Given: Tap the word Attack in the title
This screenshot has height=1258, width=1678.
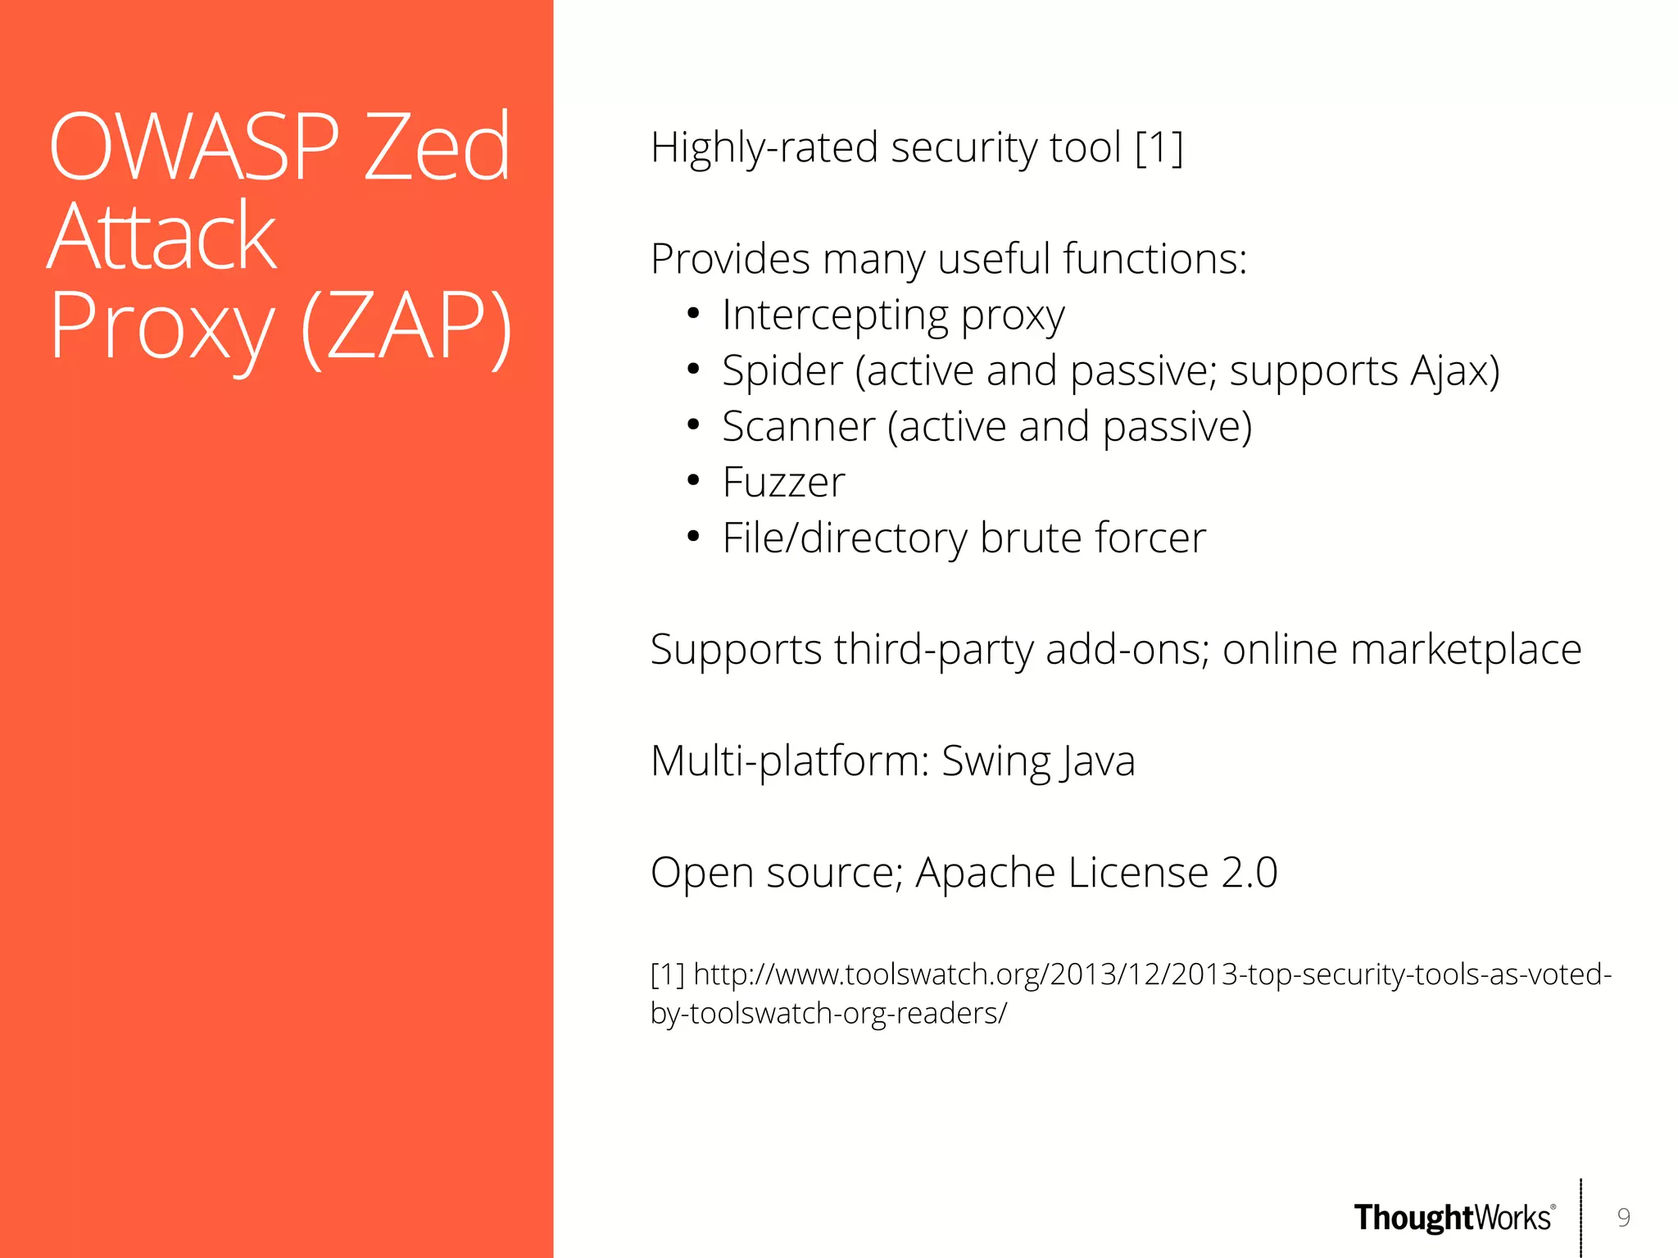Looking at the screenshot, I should pos(162,238).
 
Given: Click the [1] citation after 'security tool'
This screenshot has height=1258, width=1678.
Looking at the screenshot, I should pos(1159,148).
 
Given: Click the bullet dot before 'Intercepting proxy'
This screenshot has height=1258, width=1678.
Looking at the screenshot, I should pos(693,315).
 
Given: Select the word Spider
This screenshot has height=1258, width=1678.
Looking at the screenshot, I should pos(782,371).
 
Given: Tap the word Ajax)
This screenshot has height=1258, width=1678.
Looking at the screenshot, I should pos(1454,371).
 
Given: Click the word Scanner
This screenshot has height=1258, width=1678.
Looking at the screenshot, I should pos(798,427).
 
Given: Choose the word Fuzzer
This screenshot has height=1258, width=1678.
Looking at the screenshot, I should pos(783,483).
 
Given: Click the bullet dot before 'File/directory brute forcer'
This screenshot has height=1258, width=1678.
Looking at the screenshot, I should pos(693,538).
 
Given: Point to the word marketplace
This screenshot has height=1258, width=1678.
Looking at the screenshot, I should pos(1465,650).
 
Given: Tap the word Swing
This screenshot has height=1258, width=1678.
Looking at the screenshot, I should pos(995,761).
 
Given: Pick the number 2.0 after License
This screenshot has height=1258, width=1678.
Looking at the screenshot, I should pos(1249,873).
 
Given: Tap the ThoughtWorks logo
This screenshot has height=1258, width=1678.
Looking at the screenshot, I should pos(1454,1218).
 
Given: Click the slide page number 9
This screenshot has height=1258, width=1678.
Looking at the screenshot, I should pos(1623,1218).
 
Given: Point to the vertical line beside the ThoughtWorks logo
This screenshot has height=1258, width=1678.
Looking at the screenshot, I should pos(1580,1218).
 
